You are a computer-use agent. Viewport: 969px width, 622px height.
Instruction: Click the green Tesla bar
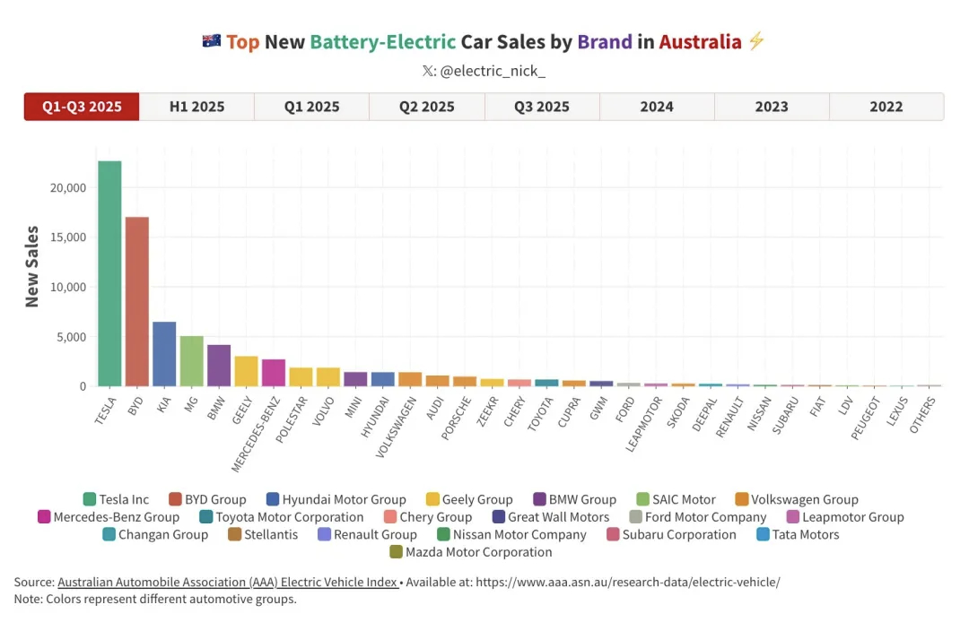109,273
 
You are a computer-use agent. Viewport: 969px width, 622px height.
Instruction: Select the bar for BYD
137,301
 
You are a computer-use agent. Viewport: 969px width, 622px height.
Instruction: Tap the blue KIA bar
164,354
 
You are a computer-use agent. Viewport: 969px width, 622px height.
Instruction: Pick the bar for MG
192,361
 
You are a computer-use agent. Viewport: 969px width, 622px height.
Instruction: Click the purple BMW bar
219,366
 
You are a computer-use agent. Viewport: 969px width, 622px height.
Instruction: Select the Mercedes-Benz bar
274,373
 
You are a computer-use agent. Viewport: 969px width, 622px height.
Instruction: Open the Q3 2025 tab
542,107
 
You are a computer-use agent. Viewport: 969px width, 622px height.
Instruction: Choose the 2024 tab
657,107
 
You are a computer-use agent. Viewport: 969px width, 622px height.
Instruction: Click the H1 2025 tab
197,107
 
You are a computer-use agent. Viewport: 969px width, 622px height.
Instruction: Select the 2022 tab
886,107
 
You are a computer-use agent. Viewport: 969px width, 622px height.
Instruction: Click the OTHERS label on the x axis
924,414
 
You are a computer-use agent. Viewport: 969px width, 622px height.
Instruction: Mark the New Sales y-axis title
32,267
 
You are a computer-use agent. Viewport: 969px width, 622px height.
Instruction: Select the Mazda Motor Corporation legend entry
479,552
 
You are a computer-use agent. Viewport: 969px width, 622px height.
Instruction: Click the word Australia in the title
700,41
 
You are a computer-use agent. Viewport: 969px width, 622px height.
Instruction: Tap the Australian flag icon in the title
212,41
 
